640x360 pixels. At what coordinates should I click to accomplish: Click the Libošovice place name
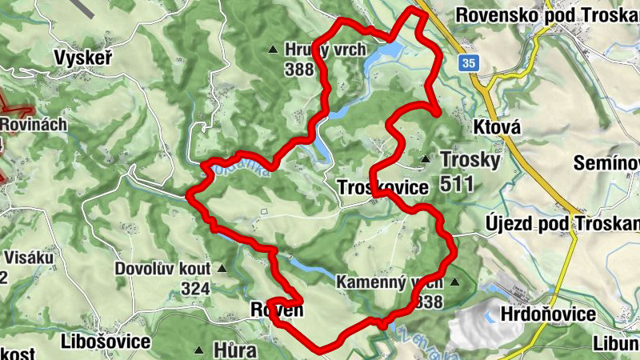(106, 342)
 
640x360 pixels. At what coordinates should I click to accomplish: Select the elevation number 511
(457, 184)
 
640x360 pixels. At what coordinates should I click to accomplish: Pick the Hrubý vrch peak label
(325, 50)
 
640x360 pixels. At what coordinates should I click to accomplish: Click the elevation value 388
(298, 70)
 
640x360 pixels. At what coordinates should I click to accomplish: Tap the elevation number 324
(194, 288)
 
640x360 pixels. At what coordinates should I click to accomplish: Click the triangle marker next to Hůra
(198, 350)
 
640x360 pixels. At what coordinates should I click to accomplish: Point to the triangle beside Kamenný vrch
(455, 282)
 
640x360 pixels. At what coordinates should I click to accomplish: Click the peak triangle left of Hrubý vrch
(274, 49)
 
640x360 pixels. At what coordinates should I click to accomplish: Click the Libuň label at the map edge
(616, 342)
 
